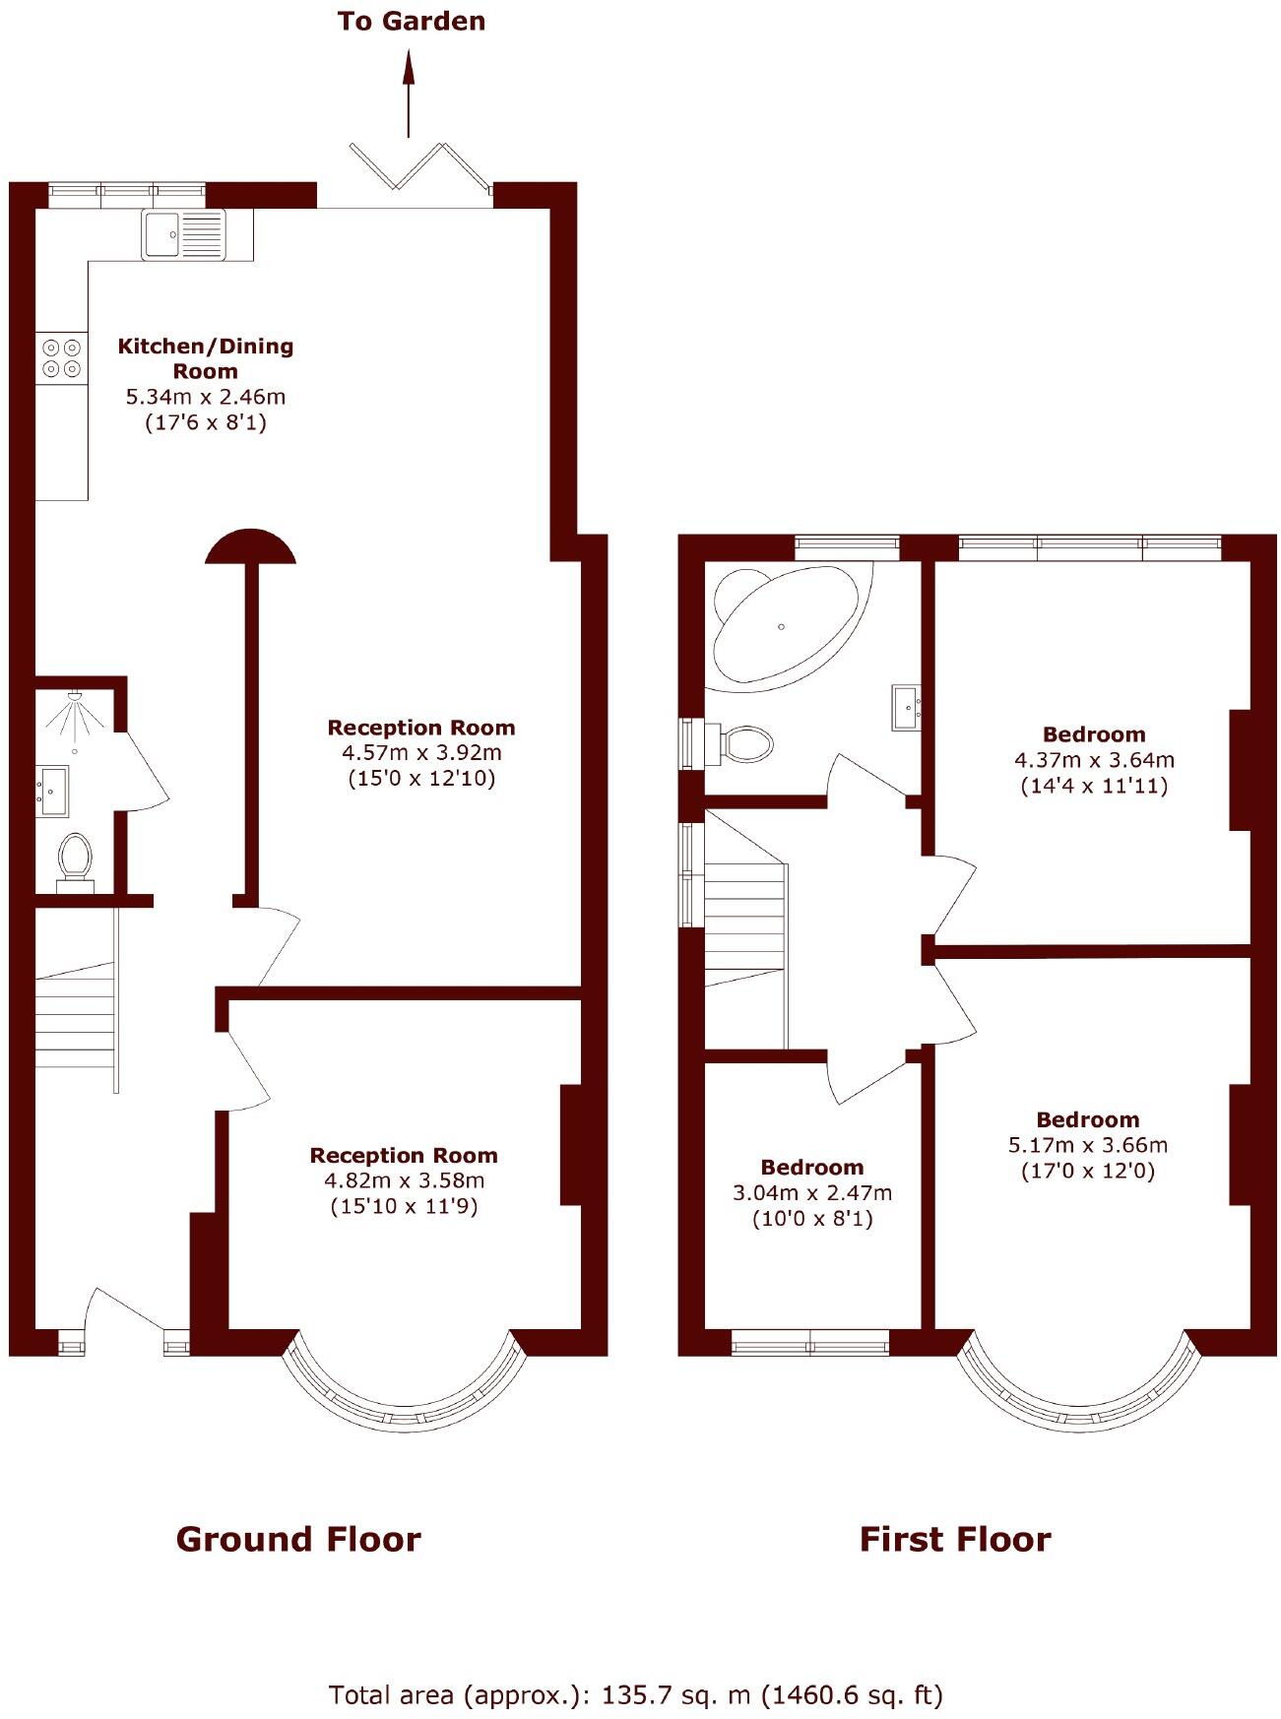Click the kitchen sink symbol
183,234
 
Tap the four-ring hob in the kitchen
61,357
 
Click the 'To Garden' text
411,21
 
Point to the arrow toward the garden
408,94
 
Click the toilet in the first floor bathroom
745,743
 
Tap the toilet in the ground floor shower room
75,859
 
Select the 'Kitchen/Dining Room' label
205,358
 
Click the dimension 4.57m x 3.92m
421,753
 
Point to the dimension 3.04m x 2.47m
812,1193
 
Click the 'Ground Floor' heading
298,1539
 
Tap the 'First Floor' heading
954,1539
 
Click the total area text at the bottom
636,1694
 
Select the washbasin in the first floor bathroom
906,707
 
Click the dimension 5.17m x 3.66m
1088,1145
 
